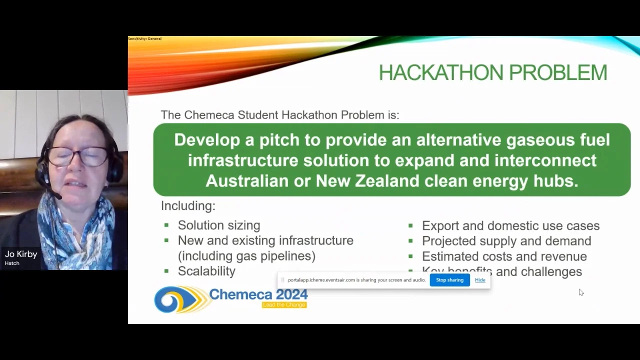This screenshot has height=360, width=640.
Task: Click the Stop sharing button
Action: point(449,280)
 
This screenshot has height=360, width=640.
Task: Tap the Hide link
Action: point(480,280)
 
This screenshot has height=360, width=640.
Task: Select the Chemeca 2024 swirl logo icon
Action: point(179,299)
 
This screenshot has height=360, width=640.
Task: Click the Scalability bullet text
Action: point(206,271)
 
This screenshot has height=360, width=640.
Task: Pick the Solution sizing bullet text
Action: point(219,225)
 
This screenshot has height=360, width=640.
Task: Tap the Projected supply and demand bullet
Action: point(506,241)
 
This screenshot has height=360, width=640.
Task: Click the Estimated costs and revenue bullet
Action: point(504,256)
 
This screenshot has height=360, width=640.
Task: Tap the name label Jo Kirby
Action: point(21,254)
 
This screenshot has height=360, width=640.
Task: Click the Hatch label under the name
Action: point(12,263)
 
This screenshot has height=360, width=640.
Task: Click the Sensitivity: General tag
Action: point(144,38)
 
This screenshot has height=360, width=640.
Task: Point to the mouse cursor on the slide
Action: point(580,292)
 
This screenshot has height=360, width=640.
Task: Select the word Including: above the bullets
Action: point(188,205)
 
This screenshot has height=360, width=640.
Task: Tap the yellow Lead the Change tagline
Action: point(284,304)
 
